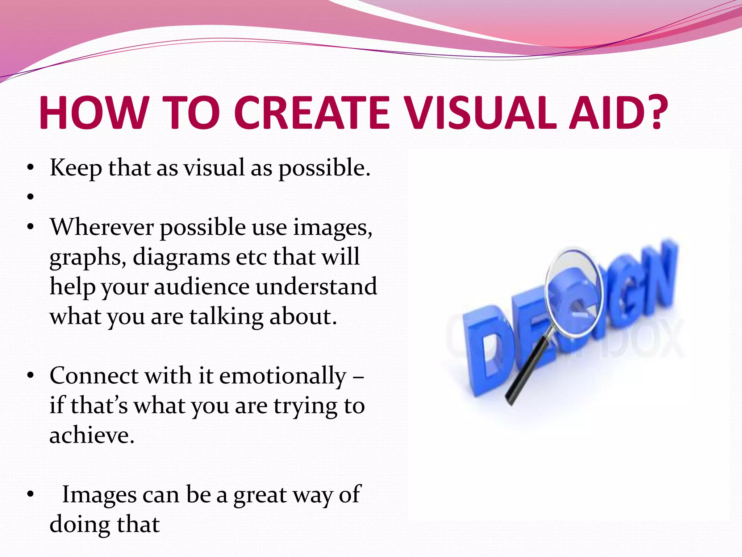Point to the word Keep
76,169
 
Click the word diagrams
181,257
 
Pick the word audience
201,287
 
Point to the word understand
316,287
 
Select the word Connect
94,376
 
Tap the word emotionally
283,376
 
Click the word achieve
92,435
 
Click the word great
260,495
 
